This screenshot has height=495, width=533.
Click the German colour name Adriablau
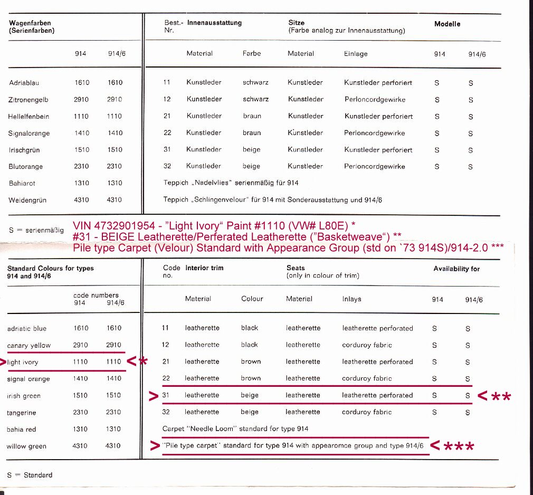point(24,83)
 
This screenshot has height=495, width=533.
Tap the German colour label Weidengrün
point(27,200)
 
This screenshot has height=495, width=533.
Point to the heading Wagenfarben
point(30,23)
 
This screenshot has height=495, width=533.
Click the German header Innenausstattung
point(214,23)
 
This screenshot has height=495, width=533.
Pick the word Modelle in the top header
point(447,24)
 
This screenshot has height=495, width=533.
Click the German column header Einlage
point(356,54)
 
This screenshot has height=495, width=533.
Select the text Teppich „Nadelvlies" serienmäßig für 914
point(231,183)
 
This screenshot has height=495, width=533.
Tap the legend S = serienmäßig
point(36,231)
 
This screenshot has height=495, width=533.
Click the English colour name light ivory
point(23,363)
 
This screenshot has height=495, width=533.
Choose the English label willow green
point(26,446)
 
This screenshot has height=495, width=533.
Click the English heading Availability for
point(456,269)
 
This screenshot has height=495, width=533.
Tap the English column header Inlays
point(351,299)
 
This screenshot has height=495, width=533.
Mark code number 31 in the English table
point(166,395)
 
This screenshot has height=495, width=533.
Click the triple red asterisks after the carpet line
point(459,447)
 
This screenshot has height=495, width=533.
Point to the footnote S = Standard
point(30,475)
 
